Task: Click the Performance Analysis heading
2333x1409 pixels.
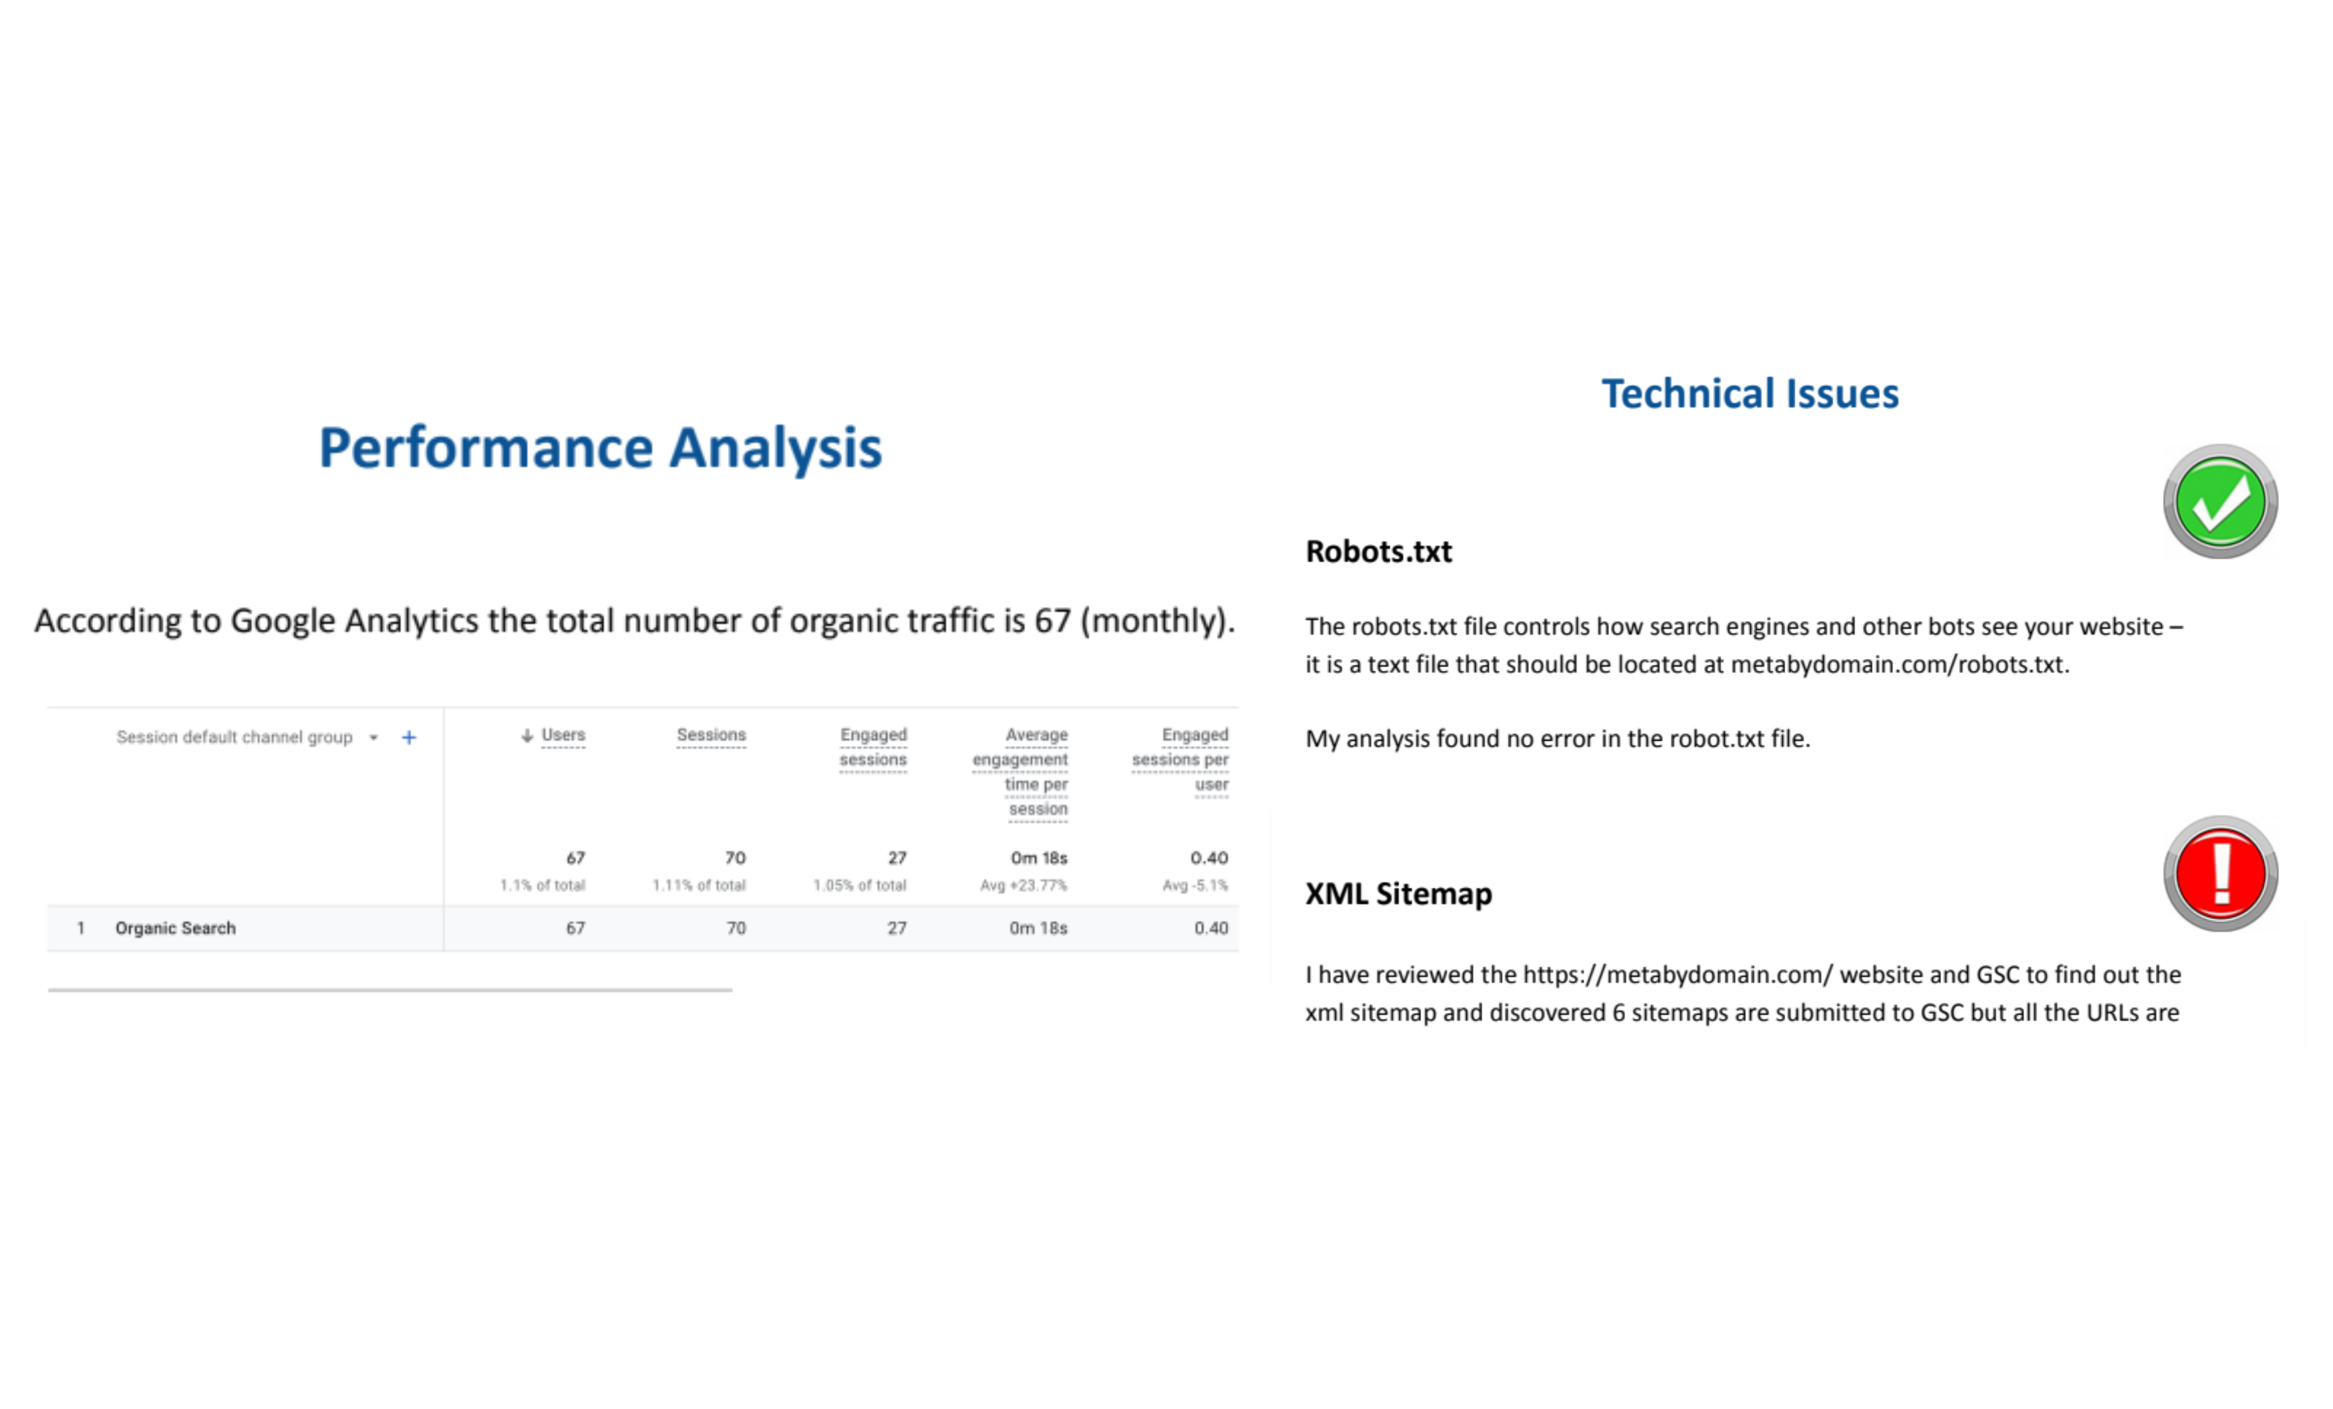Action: click(x=600, y=448)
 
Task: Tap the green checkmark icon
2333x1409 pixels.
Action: click(x=2219, y=502)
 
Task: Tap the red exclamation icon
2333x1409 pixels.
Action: click(x=2219, y=873)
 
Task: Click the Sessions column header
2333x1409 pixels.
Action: click(x=711, y=735)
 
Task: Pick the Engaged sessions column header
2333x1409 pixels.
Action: click(x=873, y=747)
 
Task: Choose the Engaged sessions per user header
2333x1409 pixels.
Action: click(x=1180, y=759)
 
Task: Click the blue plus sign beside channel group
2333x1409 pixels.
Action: click(x=409, y=738)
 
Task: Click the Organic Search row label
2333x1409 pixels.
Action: click(x=175, y=928)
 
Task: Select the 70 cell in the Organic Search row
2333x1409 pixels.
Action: click(x=735, y=928)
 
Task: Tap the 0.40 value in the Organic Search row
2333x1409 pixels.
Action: click(x=1211, y=928)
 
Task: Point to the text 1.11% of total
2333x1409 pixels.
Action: click(x=699, y=885)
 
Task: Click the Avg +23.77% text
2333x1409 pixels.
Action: click(x=1024, y=885)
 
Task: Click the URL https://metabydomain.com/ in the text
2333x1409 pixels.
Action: click(x=1678, y=975)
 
